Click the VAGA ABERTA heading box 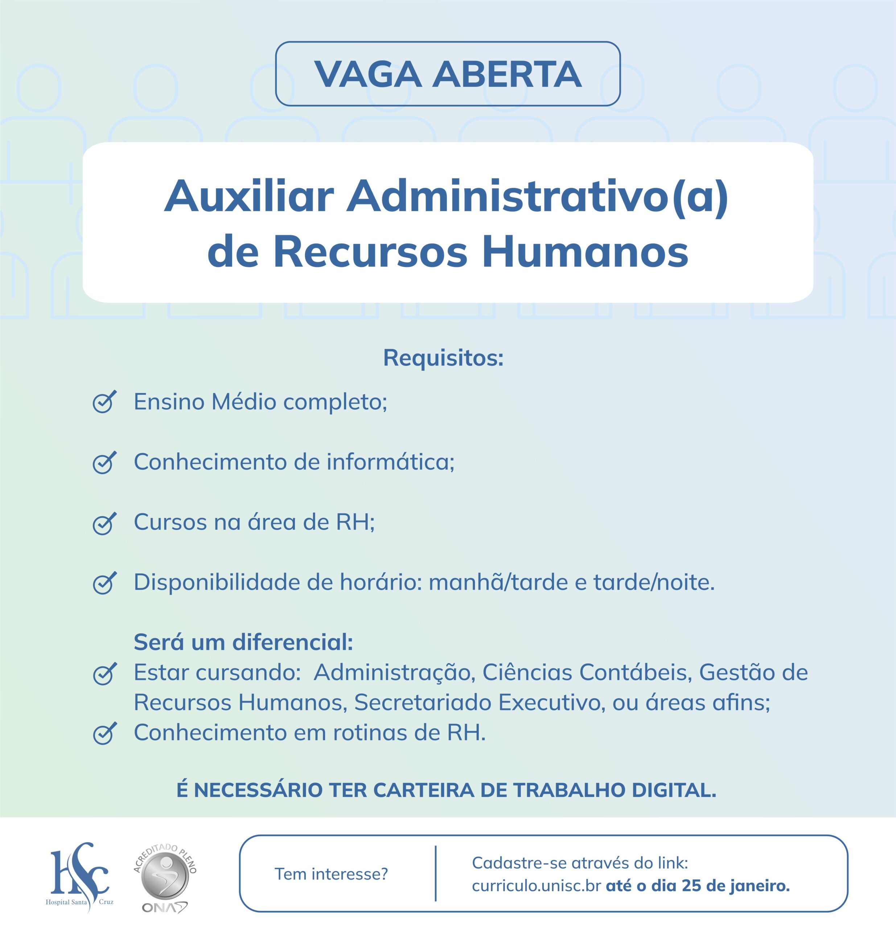coord(447,74)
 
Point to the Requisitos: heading coord(443,358)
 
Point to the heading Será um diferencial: coord(243,643)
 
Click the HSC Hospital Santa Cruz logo coord(79,873)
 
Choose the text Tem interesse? coord(331,874)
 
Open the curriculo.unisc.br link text coord(537,886)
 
